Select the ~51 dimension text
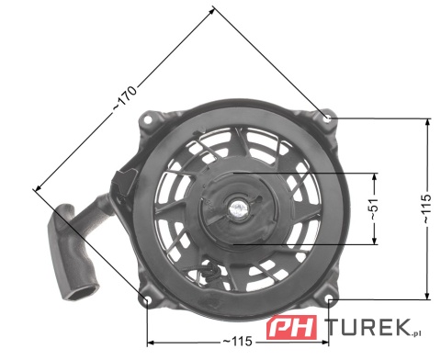(372, 208)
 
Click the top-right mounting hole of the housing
(328, 117)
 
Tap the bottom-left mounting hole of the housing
(146, 299)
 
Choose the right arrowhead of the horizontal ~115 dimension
(327, 342)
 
